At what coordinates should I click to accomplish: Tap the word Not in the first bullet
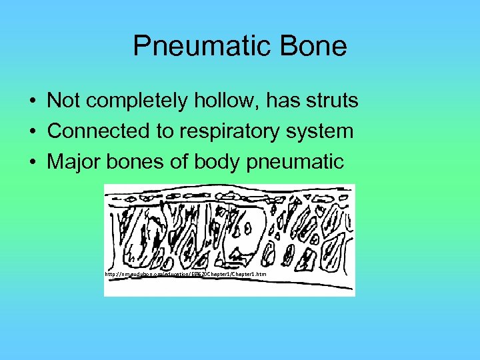pos(63,101)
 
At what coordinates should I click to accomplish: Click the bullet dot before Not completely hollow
pos(32,102)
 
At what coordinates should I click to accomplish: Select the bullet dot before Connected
pos(32,132)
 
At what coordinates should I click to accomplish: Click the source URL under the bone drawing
pos(185,274)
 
